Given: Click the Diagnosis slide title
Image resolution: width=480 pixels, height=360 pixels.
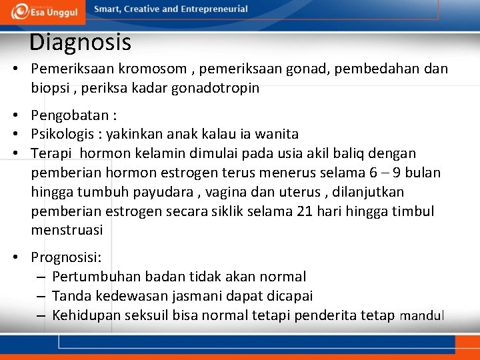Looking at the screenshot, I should (80, 43).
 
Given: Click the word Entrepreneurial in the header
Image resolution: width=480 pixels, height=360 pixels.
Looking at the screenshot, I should (213, 9).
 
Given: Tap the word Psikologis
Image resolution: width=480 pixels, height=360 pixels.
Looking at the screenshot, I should (64, 135).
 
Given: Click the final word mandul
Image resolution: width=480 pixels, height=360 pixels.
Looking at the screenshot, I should (421, 316).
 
